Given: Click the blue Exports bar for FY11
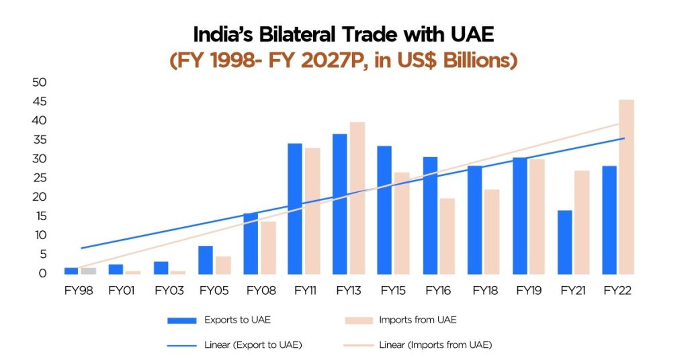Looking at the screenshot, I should click(x=295, y=208).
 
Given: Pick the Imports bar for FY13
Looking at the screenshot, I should click(x=357, y=198).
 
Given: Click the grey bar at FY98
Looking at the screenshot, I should click(x=89, y=271).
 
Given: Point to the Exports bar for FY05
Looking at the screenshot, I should click(x=206, y=260).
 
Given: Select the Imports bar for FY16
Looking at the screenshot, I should click(x=447, y=236).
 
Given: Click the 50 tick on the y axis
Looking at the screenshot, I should click(x=38, y=83).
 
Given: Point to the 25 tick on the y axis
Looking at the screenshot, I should click(x=38, y=178).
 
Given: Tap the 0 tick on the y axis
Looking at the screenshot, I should click(x=42, y=273).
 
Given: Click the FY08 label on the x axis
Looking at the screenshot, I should click(x=259, y=291).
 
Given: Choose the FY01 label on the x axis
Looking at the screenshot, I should click(x=124, y=291).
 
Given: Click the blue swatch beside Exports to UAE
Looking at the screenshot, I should click(x=181, y=320).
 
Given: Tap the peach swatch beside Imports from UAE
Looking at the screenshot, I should click(x=360, y=320).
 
